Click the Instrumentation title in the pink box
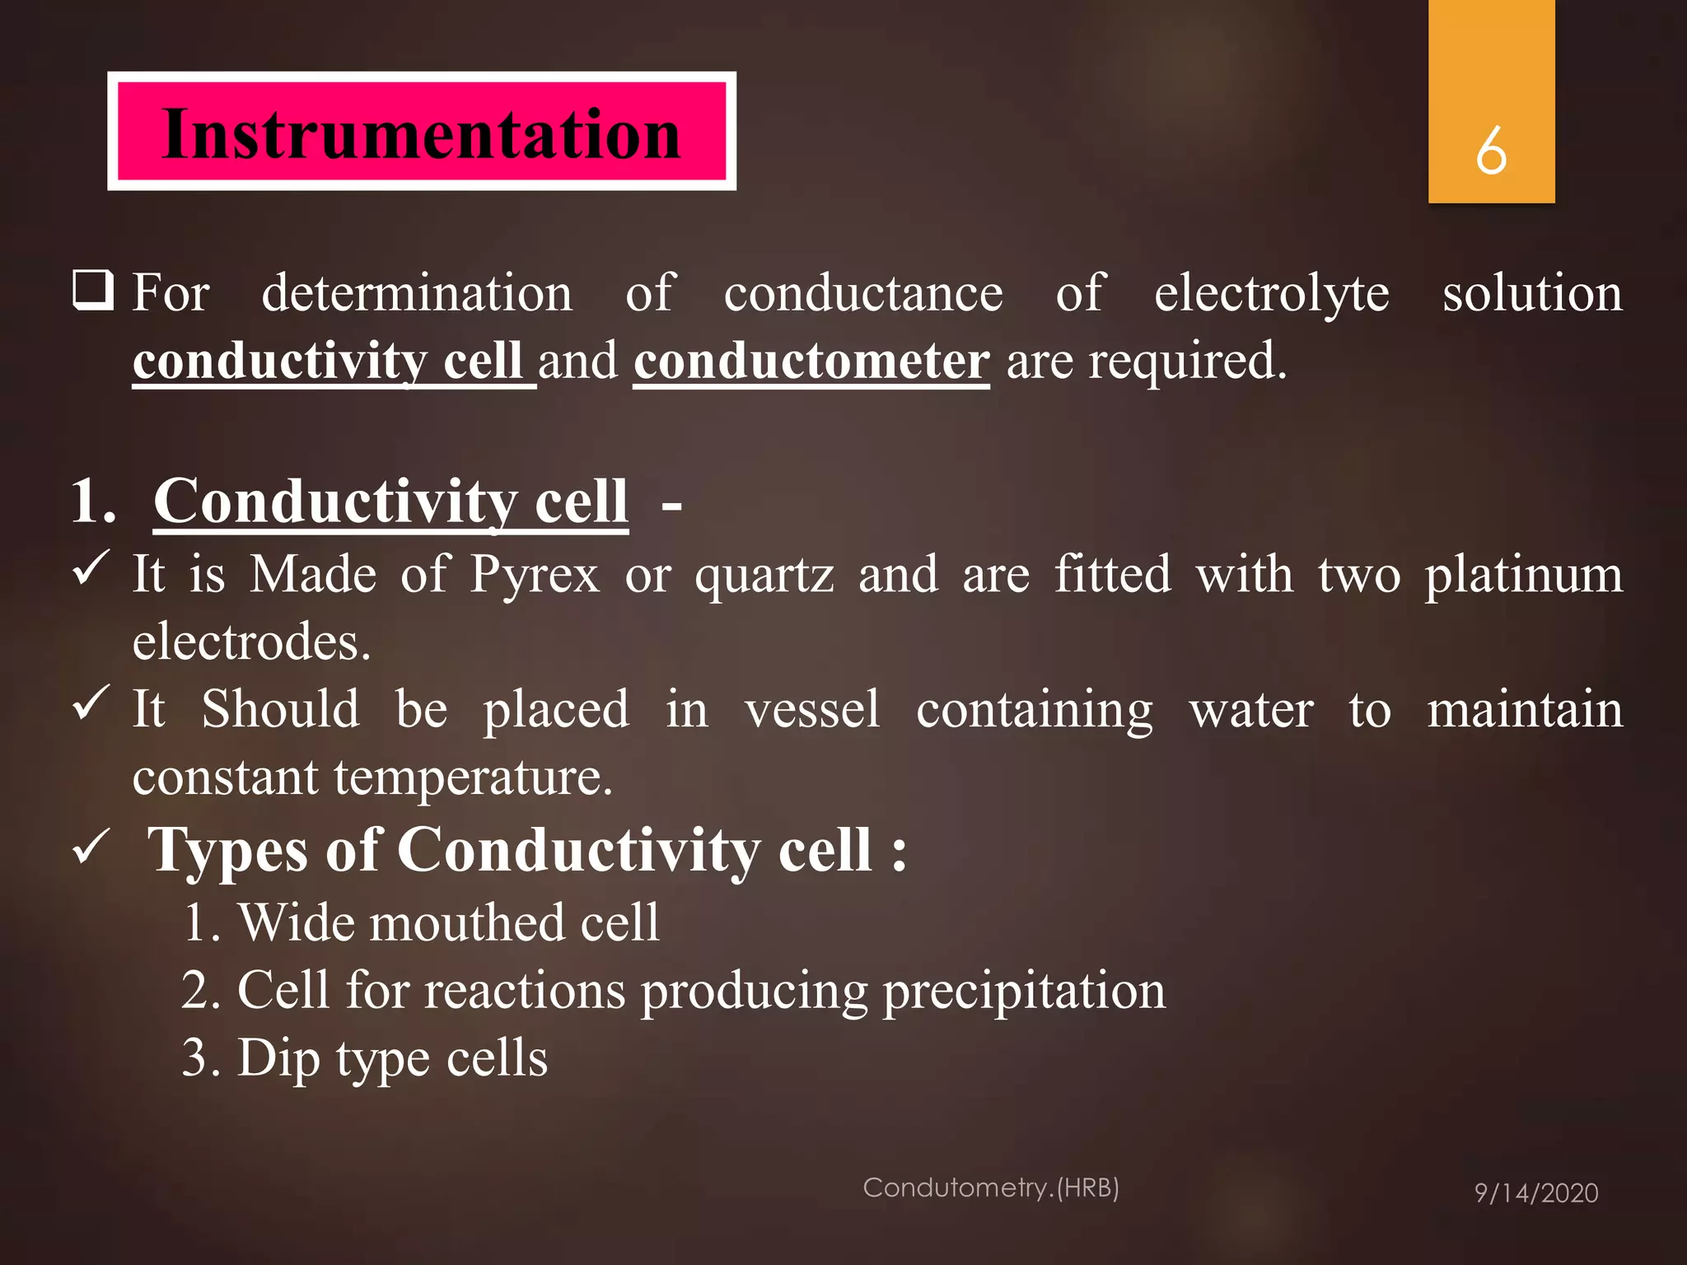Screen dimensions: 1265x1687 [x=421, y=133]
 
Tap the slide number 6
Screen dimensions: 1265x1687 [x=1491, y=151]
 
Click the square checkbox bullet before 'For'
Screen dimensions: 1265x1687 [x=92, y=290]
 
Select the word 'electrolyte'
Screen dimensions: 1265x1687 [x=1271, y=293]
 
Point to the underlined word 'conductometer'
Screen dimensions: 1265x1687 [x=811, y=362]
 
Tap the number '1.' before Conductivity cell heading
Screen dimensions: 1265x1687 [x=93, y=501]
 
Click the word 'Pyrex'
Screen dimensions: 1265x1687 [x=535, y=574]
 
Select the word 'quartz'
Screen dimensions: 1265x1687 [x=764, y=576]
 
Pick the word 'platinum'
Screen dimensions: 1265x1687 [x=1524, y=574]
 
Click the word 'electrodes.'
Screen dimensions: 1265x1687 [x=251, y=642]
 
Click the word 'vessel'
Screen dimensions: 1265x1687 [x=812, y=709]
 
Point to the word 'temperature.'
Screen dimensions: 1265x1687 [x=473, y=777]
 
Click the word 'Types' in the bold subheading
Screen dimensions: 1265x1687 [x=229, y=851]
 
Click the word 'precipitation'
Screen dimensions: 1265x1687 [x=1024, y=991]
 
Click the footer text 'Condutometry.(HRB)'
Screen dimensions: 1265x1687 [x=991, y=1188]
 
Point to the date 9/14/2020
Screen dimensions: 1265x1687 [x=1535, y=1193]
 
